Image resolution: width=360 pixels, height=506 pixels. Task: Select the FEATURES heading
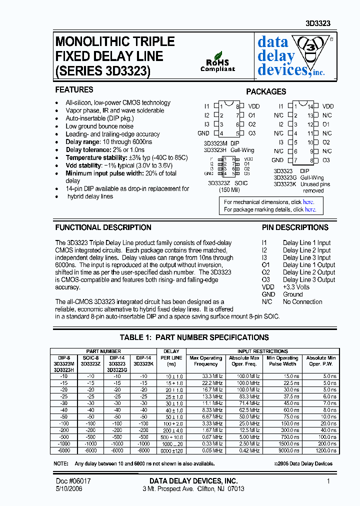[74, 90]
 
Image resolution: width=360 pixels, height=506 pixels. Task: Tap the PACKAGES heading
[266, 92]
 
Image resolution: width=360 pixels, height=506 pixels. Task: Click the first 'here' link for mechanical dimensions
[308, 202]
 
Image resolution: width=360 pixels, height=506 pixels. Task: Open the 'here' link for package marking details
[310, 210]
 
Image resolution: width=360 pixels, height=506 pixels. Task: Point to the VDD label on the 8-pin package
[254, 106]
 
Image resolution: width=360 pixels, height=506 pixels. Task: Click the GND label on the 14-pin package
[277, 160]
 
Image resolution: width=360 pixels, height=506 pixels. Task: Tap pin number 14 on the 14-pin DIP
[310, 106]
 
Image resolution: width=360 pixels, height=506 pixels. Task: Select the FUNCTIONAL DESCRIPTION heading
[103, 227]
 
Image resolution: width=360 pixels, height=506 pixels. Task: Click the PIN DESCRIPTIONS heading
[295, 227]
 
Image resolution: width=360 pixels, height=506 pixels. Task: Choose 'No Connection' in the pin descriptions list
[302, 301]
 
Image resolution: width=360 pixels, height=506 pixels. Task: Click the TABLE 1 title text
[194, 337]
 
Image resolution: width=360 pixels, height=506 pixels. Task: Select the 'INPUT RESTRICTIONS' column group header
[262, 351]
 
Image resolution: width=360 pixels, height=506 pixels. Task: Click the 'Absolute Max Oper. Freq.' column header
[244, 361]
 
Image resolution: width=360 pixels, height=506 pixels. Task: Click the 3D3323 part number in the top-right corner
[318, 23]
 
